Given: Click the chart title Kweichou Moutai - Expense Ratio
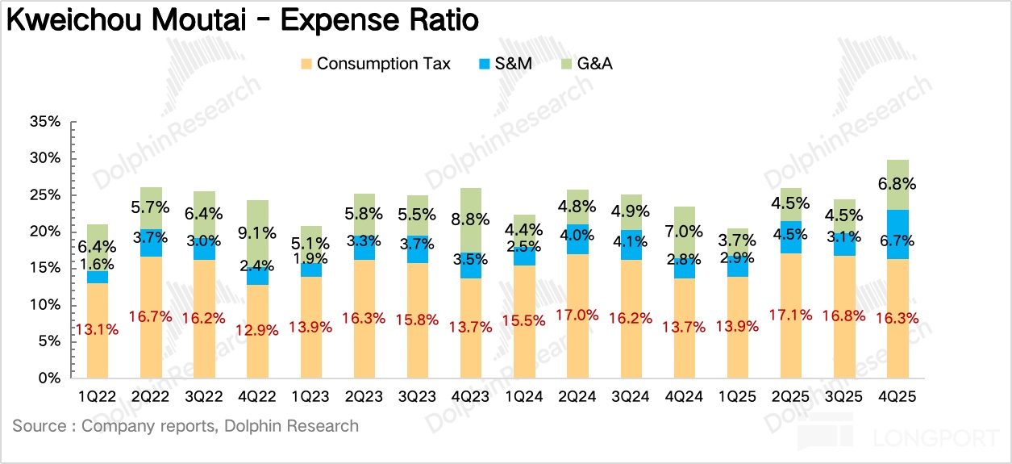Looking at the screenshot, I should tap(242, 20).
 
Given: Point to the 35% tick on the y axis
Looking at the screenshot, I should tap(44, 122).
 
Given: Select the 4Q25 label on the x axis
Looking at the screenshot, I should tap(897, 397).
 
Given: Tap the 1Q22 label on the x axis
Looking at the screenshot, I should tap(98, 397).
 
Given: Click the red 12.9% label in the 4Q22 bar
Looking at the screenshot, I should tap(258, 329).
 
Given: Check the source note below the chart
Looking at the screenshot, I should tap(185, 426).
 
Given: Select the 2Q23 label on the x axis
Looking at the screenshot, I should tap(364, 397).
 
